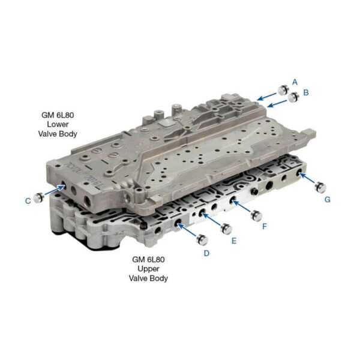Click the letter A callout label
tap(295, 82)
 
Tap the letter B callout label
tap(306, 92)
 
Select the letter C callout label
tap(28, 201)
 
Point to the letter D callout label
tap(206, 253)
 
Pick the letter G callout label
tap(328, 200)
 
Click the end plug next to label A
tap(283, 89)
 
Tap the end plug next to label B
tap(293, 97)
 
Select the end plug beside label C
tap(38, 197)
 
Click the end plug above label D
tap(202, 239)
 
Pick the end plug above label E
tap(226, 229)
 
